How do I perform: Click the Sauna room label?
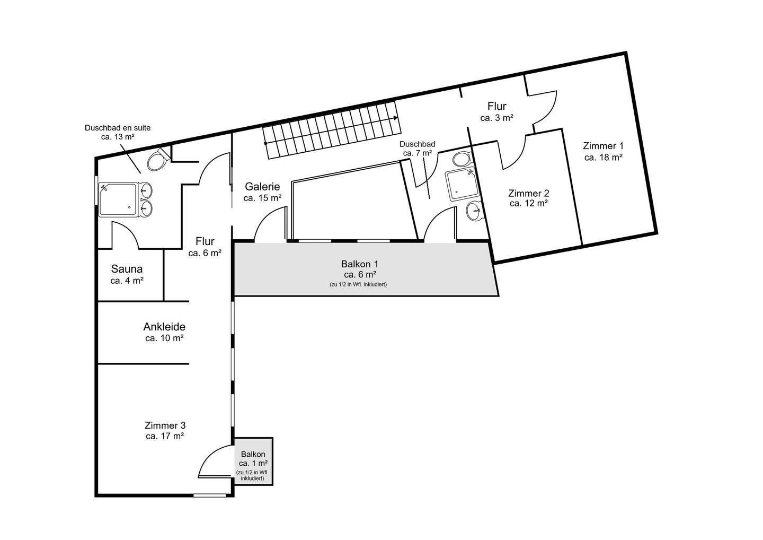click(127, 269)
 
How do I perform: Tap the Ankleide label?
click(164, 327)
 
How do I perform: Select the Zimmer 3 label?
click(165, 425)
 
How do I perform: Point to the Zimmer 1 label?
click(603, 146)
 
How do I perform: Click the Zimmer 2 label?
click(528, 193)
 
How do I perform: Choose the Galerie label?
click(262, 187)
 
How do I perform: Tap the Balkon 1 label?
click(360, 264)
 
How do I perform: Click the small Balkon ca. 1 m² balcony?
click(253, 461)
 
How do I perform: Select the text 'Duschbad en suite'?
click(118, 128)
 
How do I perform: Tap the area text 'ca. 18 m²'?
click(603, 157)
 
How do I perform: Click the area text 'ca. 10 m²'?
click(164, 338)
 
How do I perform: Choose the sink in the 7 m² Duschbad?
click(475, 212)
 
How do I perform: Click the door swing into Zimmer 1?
click(546, 106)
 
